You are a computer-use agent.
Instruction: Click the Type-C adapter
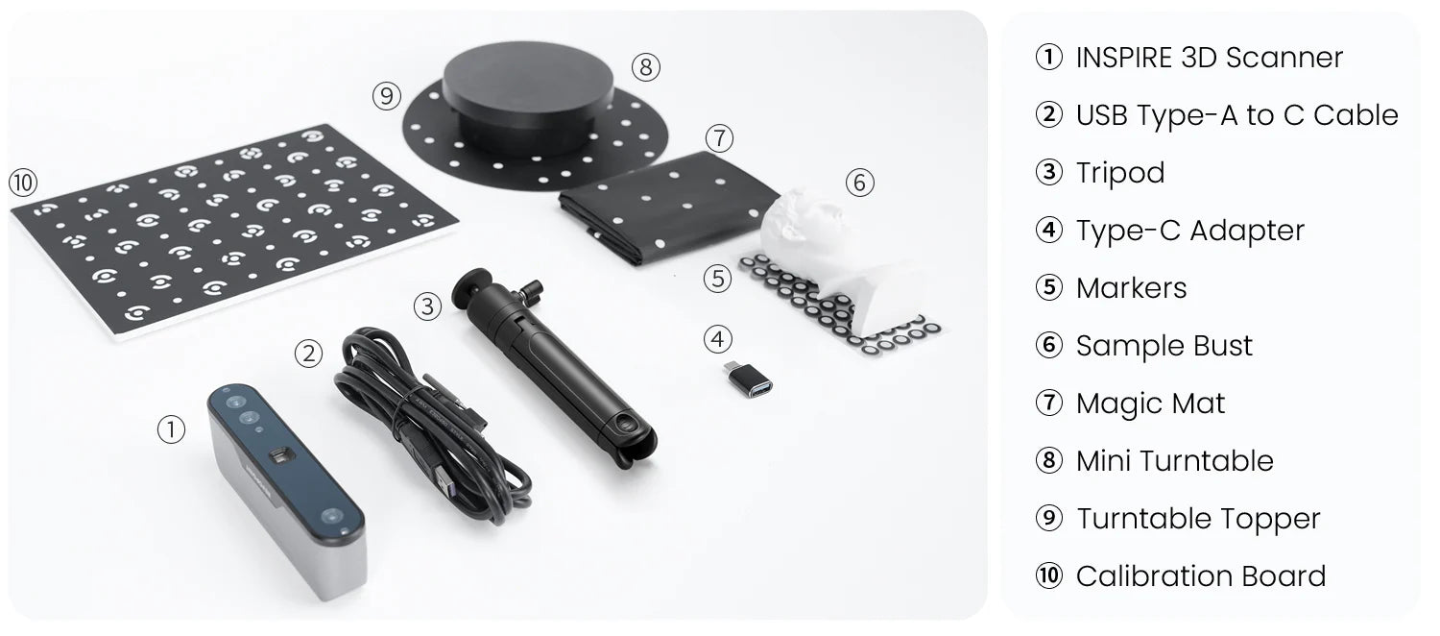(750, 379)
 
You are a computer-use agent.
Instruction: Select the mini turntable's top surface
(528, 75)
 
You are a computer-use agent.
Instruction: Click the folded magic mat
(668, 206)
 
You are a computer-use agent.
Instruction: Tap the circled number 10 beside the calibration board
(23, 183)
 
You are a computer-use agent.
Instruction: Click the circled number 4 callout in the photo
(718, 339)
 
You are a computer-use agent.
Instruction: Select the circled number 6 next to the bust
(860, 183)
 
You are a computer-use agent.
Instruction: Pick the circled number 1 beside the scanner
(171, 429)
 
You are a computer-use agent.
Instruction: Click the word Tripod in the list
(1120, 173)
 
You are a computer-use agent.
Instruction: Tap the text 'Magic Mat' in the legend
(1151, 404)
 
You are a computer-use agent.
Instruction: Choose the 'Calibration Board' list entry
(1201, 576)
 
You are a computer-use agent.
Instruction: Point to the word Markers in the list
(1132, 288)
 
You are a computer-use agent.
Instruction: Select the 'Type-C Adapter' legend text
(1190, 231)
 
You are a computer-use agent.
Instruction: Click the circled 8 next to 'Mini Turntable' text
(1049, 460)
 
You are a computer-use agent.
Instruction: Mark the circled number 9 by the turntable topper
(387, 96)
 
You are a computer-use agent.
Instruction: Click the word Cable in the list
(1356, 115)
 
